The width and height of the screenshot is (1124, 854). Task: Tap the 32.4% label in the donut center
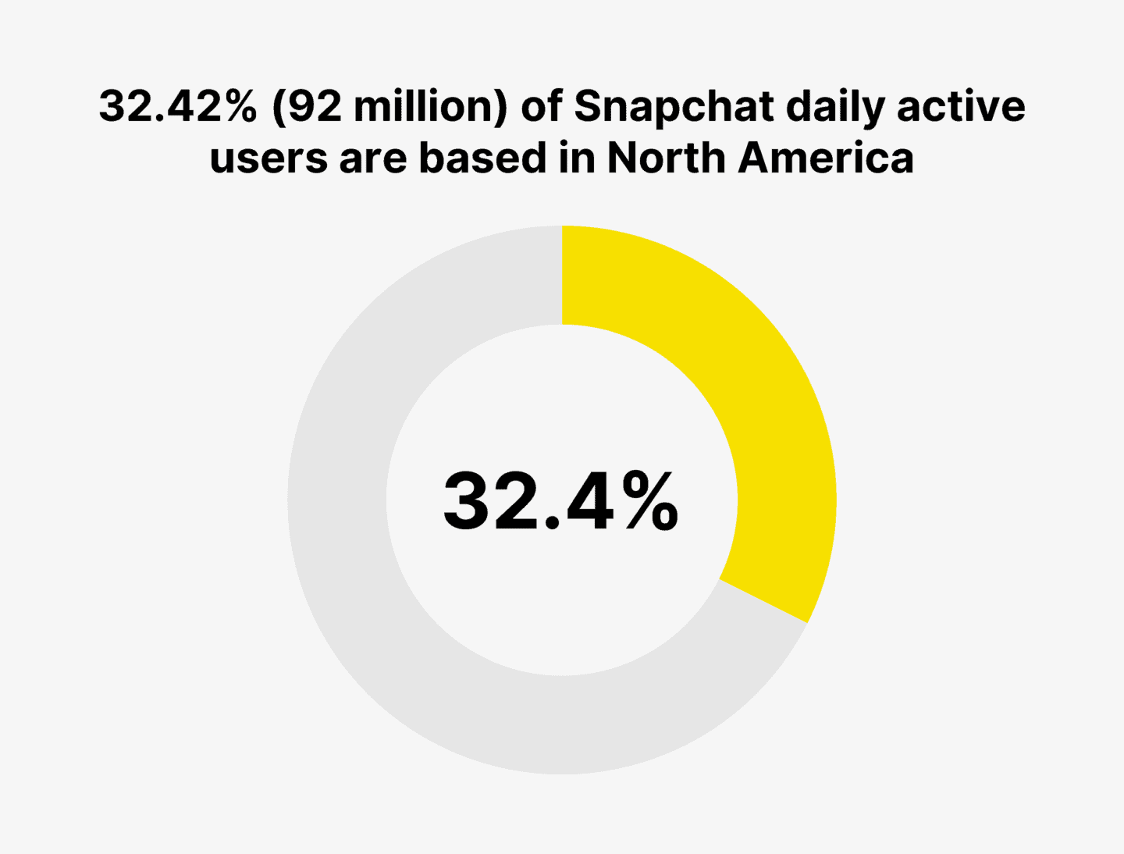click(560, 502)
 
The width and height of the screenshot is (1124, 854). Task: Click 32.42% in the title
click(177, 106)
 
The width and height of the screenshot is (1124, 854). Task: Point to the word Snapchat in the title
click(675, 106)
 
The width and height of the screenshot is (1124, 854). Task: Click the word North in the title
click(666, 158)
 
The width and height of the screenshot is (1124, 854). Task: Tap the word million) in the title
click(430, 106)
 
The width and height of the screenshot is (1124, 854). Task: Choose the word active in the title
click(961, 106)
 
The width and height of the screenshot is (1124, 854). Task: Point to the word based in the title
click(482, 158)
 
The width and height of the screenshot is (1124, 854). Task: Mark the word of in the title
click(541, 106)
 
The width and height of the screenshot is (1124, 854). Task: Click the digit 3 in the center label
click(468, 502)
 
